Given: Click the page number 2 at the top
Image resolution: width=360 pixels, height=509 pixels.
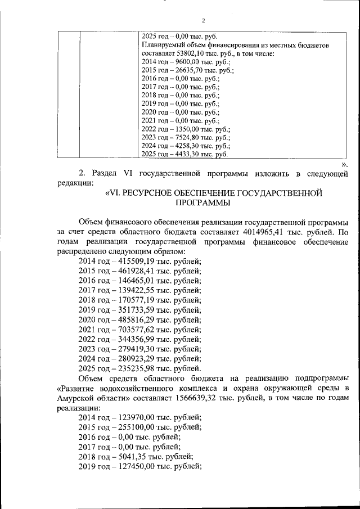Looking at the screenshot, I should coord(180,21).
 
